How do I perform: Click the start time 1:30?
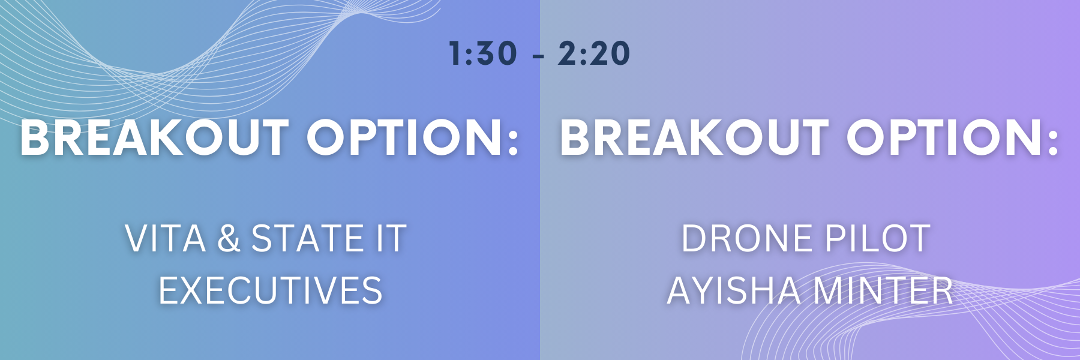pos(483,53)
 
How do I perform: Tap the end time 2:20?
pos(594,53)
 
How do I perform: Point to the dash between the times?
pos(538,56)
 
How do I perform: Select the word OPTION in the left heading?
pos(403,138)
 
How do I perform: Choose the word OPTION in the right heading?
pos(943,138)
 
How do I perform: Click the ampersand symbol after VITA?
pos(229,239)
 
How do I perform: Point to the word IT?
pos(391,239)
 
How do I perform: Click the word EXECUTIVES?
pos(270,291)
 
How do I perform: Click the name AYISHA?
pos(734,291)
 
